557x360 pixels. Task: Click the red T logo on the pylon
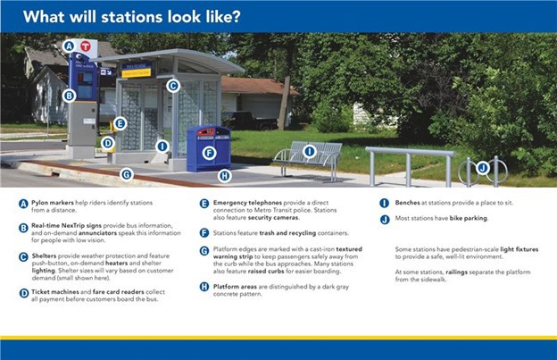(86, 46)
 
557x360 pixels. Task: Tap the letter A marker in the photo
(69, 46)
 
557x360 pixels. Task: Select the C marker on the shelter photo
(172, 86)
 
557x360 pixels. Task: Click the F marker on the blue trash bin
(209, 153)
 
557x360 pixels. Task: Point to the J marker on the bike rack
(483, 168)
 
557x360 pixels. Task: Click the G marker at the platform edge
(127, 174)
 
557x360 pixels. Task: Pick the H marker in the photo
(225, 176)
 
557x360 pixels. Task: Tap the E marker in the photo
(121, 123)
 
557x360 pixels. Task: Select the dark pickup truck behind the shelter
(251, 121)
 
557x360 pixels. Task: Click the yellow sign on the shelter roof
(137, 73)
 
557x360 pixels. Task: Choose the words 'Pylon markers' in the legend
(53, 203)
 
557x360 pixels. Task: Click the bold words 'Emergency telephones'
(247, 203)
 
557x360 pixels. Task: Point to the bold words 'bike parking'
(469, 218)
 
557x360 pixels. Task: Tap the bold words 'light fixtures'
(520, 249)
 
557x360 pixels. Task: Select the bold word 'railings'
(456, 272)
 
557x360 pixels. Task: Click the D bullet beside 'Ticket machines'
(24, 294)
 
